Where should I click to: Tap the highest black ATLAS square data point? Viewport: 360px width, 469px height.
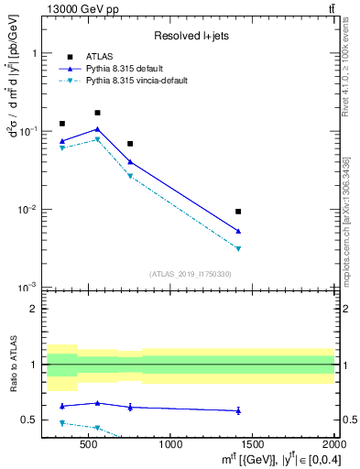tap(97, 113)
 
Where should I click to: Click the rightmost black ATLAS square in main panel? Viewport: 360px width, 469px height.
tap(238, 212)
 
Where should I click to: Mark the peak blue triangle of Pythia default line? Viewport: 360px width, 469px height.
tap(97, 129)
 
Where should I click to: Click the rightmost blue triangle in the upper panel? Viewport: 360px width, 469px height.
tap(238, 231)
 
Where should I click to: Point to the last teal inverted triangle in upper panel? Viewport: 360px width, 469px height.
tap(238, 248)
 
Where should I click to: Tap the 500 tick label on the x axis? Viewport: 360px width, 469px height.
tap(89, 444)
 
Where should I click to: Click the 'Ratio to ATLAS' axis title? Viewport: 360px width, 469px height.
tap(12, 365)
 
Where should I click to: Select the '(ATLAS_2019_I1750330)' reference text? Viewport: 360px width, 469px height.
tap(191, 274)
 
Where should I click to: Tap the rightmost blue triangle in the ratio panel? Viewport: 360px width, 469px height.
tap(238, 410)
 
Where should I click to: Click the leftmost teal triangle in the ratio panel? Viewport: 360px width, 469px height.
tap(62, 423)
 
